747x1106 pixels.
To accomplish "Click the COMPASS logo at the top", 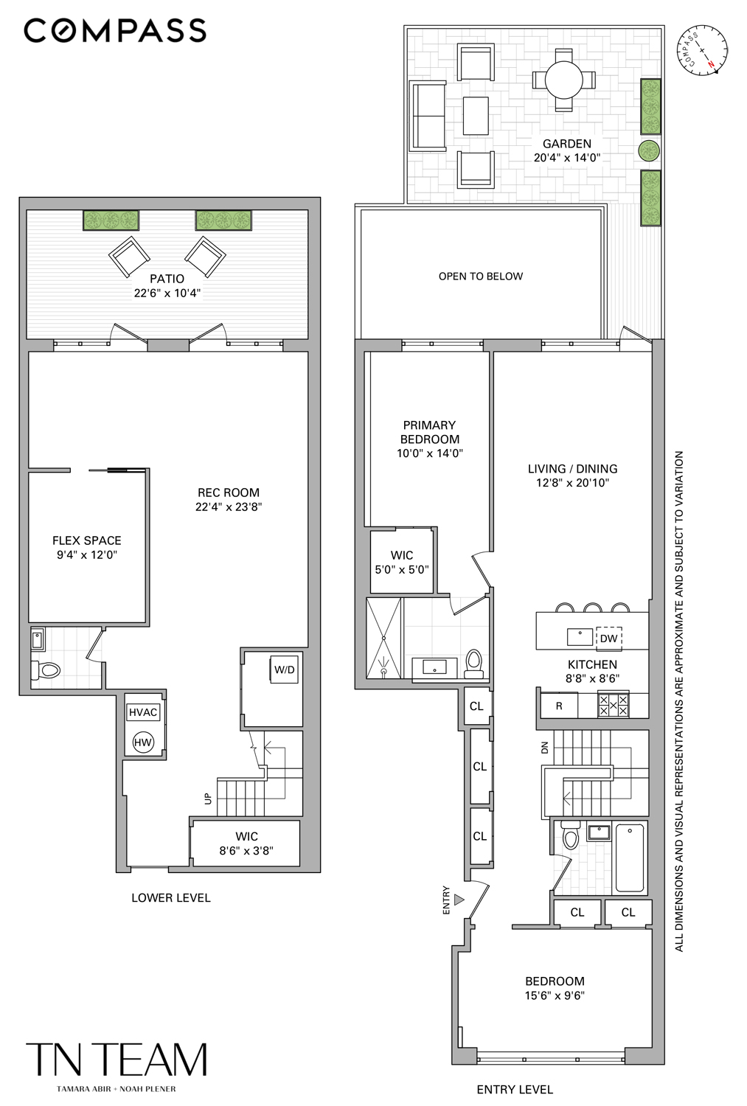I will coord(115,31).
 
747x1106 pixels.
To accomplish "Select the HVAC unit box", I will coord(143,712).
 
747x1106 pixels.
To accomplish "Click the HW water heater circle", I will coord(143,742).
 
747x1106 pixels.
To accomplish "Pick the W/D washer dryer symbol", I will coord(285,669).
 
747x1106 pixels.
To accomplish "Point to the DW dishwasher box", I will coord(608,639).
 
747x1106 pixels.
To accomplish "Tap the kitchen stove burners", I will coord(613,706).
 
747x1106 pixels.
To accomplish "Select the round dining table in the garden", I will coord(564,79).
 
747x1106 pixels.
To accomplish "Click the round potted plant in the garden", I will coord(648,151).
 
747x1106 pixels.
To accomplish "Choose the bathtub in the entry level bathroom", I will coord(630,858).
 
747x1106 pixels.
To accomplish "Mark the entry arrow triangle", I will coord(459,900).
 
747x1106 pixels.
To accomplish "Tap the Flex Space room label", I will coord(87,540).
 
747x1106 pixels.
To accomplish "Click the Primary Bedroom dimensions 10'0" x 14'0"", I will coord(429,453).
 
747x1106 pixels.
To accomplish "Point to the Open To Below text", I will coord(481,276).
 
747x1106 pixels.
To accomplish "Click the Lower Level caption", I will coord(171,898).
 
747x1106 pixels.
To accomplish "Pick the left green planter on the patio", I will coord(111,220).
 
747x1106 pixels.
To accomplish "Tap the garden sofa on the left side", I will coord(428,116).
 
